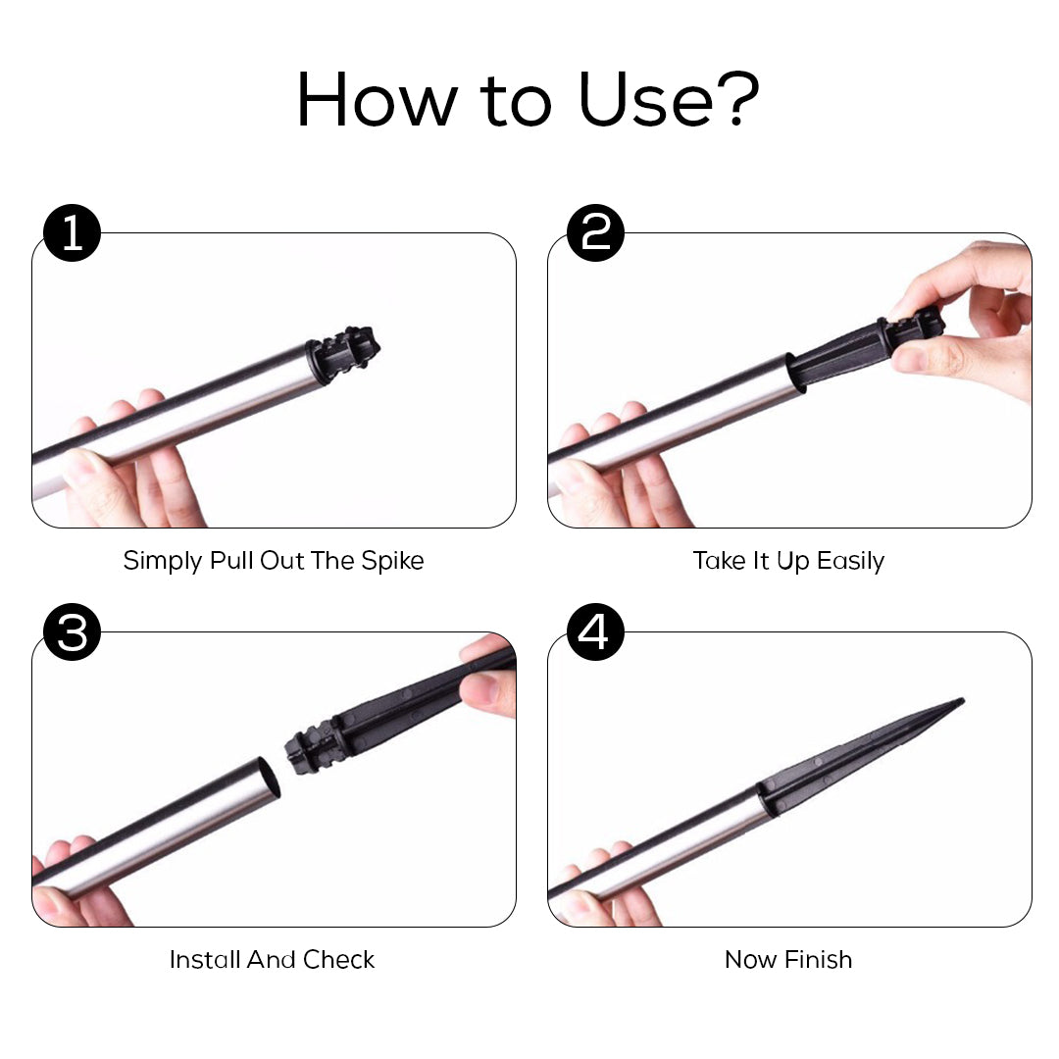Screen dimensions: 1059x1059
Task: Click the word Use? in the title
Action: (x=670, y=99)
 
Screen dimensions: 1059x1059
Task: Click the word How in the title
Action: (x=378, y=99)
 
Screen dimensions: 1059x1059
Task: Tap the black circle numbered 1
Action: (x=73, y=233)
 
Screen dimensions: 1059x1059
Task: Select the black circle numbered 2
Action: (x=595, y=232)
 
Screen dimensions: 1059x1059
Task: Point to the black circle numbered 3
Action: (x=73, y=632)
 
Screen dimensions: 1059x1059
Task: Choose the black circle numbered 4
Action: (x=595, y=632)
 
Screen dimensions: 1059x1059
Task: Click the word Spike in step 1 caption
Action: (x=392, y=561)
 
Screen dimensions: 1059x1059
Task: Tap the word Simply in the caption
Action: (x=163, y=561)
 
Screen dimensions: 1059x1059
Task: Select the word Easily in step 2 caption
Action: (x=850, y=561)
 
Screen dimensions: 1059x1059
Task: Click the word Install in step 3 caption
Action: (x=205, y=959)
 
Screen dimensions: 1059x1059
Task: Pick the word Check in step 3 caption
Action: (x=339, y=959)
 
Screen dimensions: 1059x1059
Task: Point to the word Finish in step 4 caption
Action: (x=819, y=959)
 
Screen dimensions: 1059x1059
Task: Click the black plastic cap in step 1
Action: (x=342, y=354)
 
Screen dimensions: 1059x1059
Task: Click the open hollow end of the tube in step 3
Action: (x=270, y=778)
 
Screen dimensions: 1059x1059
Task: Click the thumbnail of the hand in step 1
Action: (x=83, y=467)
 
